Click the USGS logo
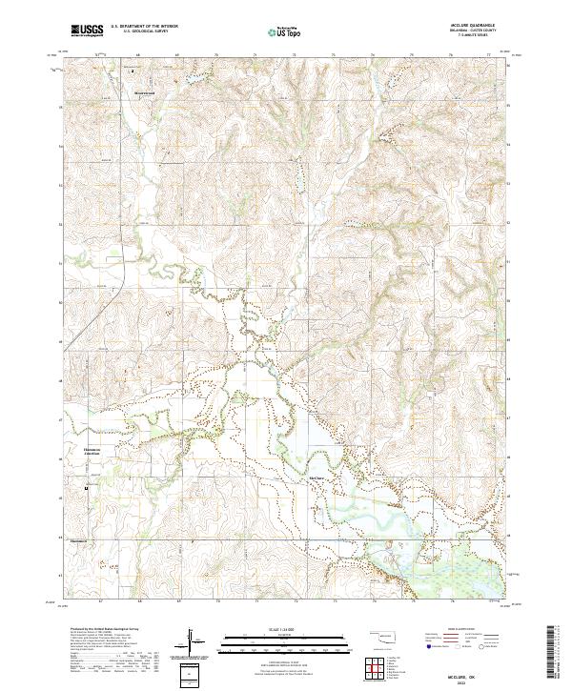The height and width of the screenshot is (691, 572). click(x=88, y=30)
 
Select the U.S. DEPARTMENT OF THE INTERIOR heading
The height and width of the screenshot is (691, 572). click(x=144, y=27)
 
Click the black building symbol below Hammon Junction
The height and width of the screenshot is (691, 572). click(x=88, y=488)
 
